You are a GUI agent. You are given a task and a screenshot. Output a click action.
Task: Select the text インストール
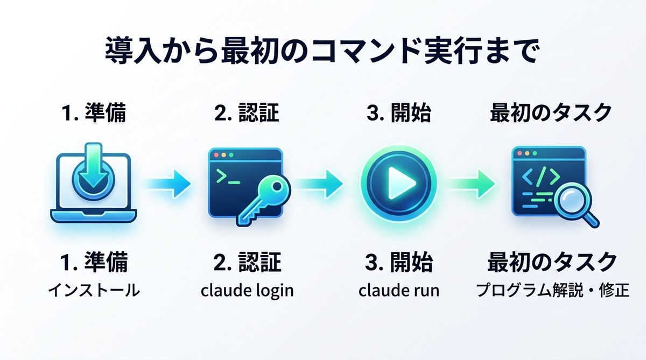coord(93,291)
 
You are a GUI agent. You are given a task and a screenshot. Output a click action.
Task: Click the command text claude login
coord(247,291)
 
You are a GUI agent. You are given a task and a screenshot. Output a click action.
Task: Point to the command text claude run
coord(398,291)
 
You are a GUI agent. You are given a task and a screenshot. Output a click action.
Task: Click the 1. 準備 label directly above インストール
coord(93,263)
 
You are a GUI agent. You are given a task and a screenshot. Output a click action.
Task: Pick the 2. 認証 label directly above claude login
coord(247,263)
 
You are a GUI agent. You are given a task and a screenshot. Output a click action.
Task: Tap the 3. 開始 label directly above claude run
coord(398,263)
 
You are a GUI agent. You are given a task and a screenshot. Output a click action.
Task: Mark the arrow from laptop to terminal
coord(168,183)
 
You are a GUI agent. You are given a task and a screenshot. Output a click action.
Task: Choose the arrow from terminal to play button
coord(321,183)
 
